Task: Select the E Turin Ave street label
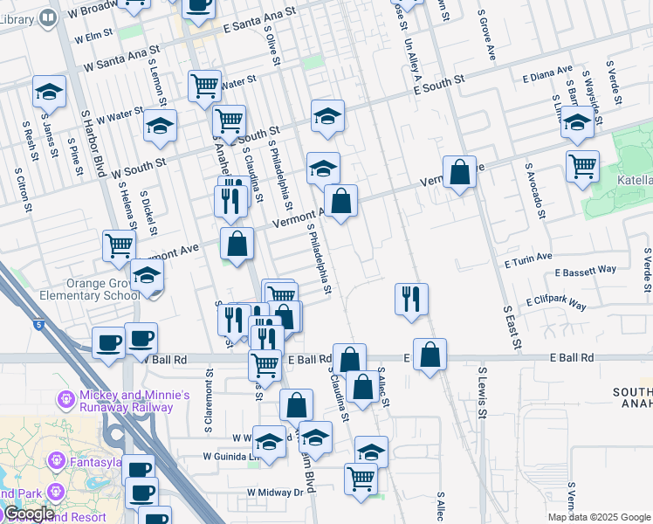click(528, 259)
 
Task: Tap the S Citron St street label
click(24, 195)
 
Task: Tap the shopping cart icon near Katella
click(582, 165)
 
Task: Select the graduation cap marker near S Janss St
click(50, 92)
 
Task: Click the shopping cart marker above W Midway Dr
click(361, 479)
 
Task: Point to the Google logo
click(30, 514)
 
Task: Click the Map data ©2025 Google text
click(599, 517)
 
